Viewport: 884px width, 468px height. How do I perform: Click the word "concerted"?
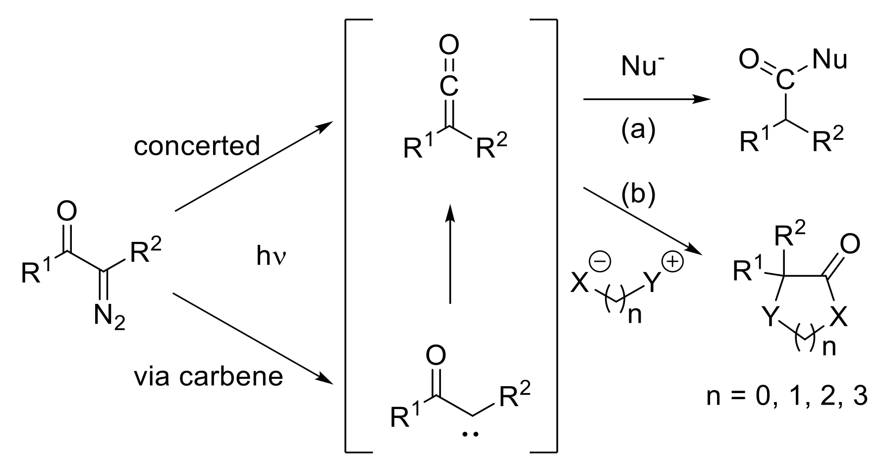tap(197, 146)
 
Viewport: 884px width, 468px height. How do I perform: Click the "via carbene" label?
tap(208, 376)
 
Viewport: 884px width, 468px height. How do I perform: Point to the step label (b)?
tap(638, 195)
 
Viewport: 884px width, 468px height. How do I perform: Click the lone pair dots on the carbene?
tap(470, 434)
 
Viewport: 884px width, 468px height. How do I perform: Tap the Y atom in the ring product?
tap(770, 317)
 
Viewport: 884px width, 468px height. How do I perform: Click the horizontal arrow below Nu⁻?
tap(647, 99)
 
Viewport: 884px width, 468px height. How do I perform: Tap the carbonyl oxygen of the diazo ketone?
tap(67, 212)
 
